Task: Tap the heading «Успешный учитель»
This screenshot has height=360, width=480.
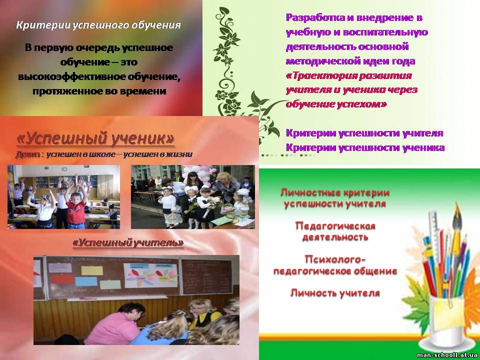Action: [x=128, y=243]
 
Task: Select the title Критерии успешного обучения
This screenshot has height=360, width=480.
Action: [x=98, y=25]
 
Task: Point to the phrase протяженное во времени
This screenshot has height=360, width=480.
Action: [x=99, y=91]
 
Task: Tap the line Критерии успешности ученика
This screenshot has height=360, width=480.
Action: [x=365, y=147]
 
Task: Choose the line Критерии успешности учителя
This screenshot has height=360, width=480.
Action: [x=364, y=133]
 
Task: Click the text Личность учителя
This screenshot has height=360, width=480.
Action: [x=335, y=293]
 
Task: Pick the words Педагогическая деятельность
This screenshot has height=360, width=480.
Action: [x=335, y=231]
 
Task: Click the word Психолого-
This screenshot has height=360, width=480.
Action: [x=335, y=259]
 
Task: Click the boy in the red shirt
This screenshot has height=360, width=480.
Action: [x=76, y=211]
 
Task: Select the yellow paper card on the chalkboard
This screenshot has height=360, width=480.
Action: [x=92, y=270]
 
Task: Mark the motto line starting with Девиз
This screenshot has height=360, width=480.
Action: [x=104, y=155]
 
